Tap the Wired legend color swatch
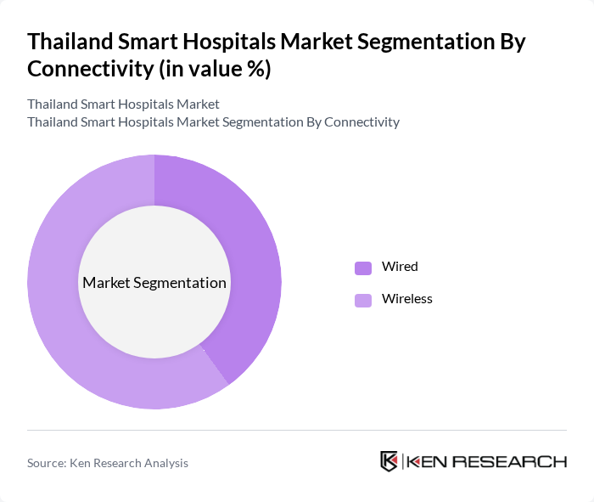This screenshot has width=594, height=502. pos(363,268)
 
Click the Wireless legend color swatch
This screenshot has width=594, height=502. pos(363,300)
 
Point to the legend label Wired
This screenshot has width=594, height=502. pos(400,267)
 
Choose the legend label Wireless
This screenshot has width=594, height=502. pos(406,299)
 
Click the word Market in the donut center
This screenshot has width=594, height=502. pos(106,283)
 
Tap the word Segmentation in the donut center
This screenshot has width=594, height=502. pos(180,283)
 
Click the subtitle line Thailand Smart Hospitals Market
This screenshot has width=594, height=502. pos(123,104)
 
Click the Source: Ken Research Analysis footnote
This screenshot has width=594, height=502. pos(108,463)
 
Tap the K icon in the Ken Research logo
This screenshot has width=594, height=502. pos(389,461)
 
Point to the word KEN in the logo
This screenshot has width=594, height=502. pos(428,462)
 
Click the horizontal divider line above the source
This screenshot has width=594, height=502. pos(297,431)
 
